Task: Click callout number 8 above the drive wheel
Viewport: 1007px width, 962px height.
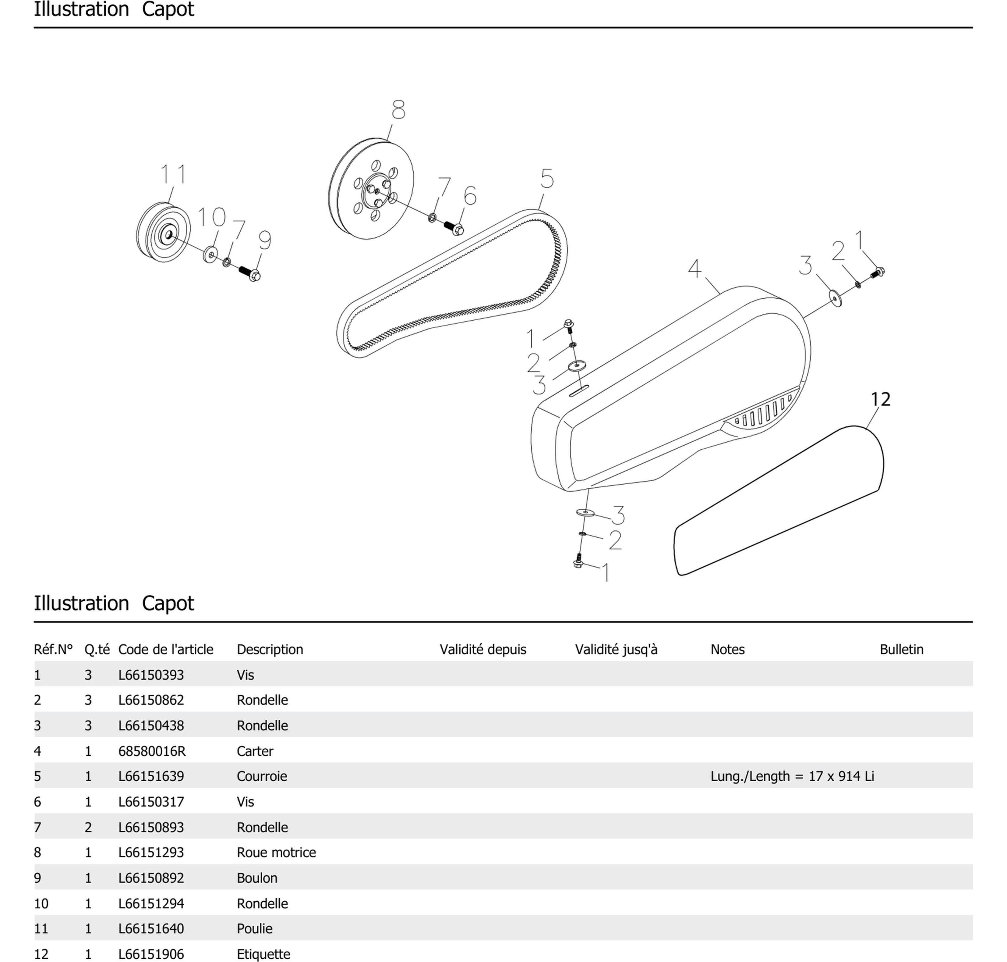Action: click(398, 110)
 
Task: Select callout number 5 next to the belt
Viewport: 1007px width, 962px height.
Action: click(547, 179)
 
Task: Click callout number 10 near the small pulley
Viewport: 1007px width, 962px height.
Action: click(211, 217)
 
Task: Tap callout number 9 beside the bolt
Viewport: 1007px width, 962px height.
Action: click(264, 240)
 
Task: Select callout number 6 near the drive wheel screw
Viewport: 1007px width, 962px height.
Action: click(470, 196)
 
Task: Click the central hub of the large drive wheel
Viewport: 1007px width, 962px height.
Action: click(377, 190)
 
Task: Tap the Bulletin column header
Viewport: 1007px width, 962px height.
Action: click(901, 649)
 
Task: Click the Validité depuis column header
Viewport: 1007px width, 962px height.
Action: click(483, 649)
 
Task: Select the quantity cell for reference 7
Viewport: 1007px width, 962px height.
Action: click(88, 827)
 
